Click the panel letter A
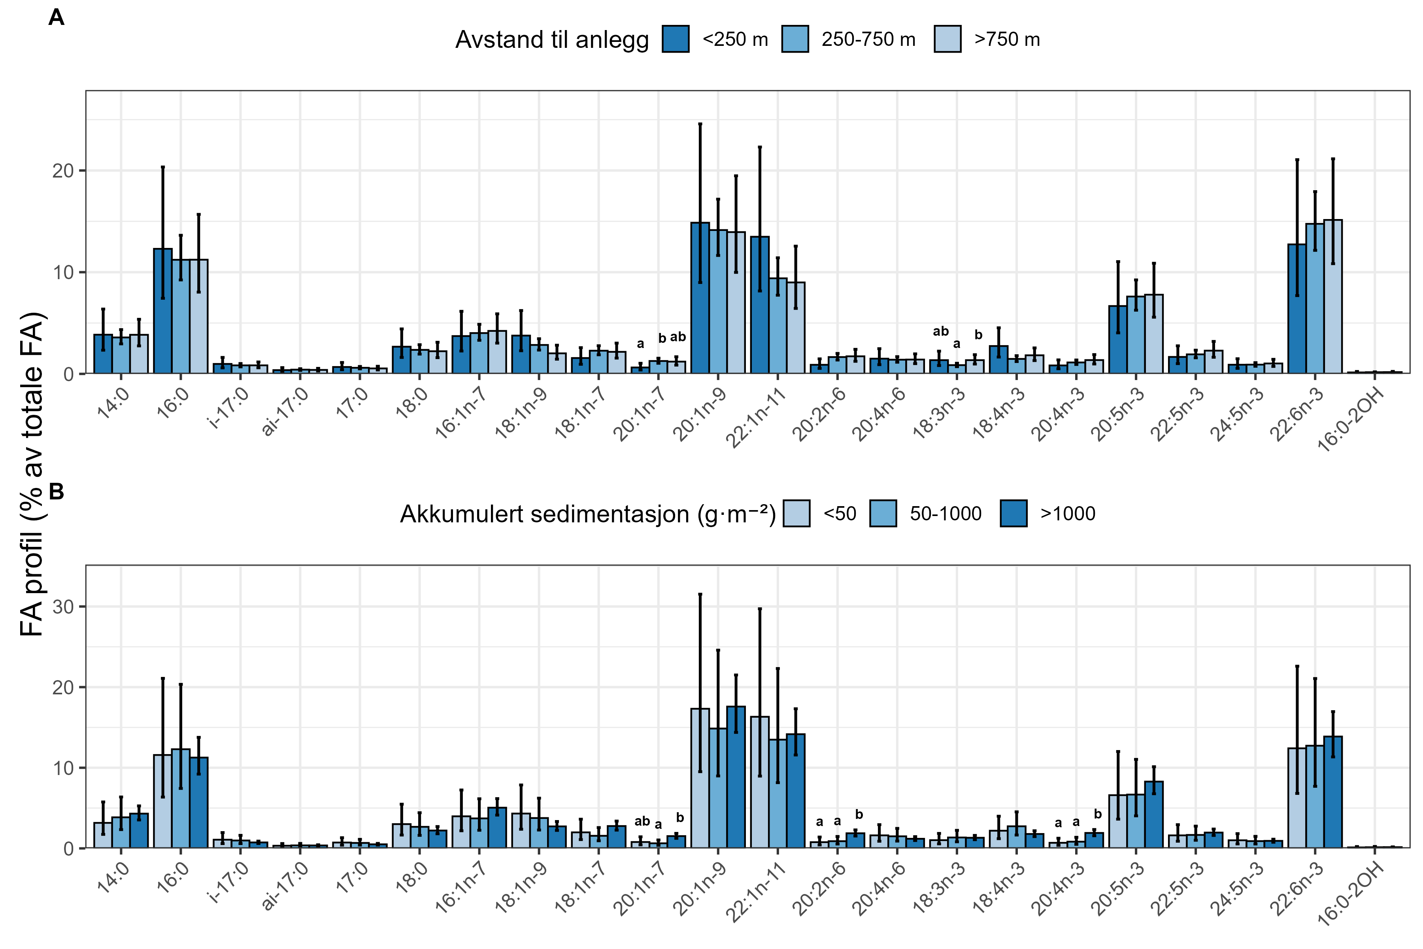(56, 17)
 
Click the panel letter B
(56, 492)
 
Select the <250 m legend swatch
(675, 39)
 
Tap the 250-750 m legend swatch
(795, 39)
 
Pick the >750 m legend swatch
(947, 39)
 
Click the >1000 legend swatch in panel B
(1013, 514)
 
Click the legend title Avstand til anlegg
(552, 40)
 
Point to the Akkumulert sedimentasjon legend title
(587, 514)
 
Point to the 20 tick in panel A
(63, 171)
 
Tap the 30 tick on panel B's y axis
(63, 607)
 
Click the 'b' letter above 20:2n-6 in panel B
(859, 815)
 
